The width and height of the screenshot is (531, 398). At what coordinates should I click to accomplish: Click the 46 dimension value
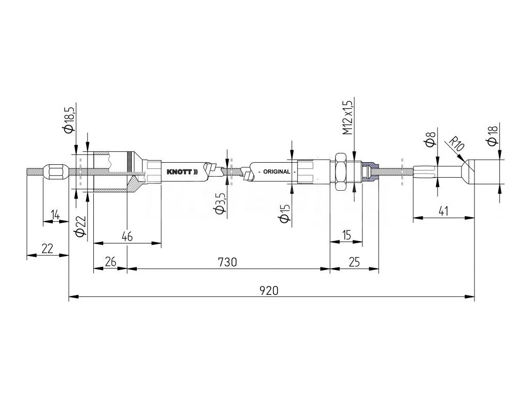point(127,236)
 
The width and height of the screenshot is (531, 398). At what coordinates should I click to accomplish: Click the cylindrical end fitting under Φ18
point(487,172)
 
